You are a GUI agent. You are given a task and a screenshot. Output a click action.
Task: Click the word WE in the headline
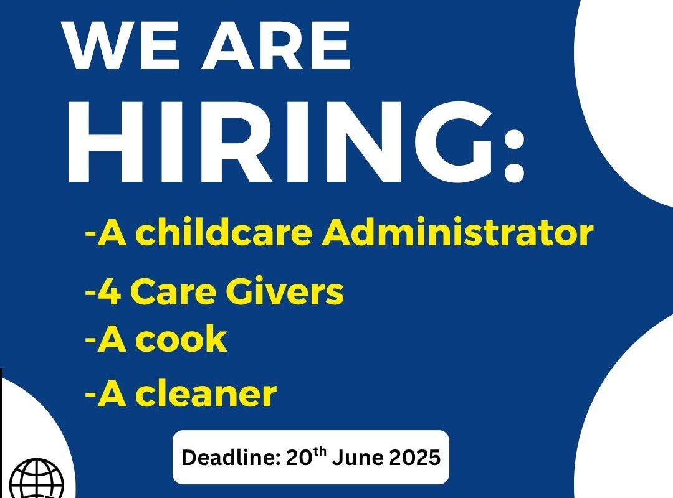point(121,45)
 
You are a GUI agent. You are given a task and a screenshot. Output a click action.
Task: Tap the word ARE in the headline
point(276,45)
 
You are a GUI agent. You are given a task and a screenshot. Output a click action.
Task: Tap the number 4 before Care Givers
point(110,292)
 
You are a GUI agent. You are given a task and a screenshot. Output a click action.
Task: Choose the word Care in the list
point(173,292)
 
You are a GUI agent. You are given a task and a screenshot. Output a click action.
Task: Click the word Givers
point(285,292)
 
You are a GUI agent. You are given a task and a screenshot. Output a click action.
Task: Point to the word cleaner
point(206,393)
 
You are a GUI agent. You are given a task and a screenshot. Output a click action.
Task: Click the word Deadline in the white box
point(231,458)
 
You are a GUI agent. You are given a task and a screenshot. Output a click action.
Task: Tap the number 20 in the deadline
point(299,458)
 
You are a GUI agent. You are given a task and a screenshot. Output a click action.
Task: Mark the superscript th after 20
point(320,452)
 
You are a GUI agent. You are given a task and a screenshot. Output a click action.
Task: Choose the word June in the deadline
point(358,458)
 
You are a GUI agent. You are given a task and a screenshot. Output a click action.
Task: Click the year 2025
point(415,458)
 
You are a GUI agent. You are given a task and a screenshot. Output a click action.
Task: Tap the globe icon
point(37,478)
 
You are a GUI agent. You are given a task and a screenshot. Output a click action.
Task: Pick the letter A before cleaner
point(112,393)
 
